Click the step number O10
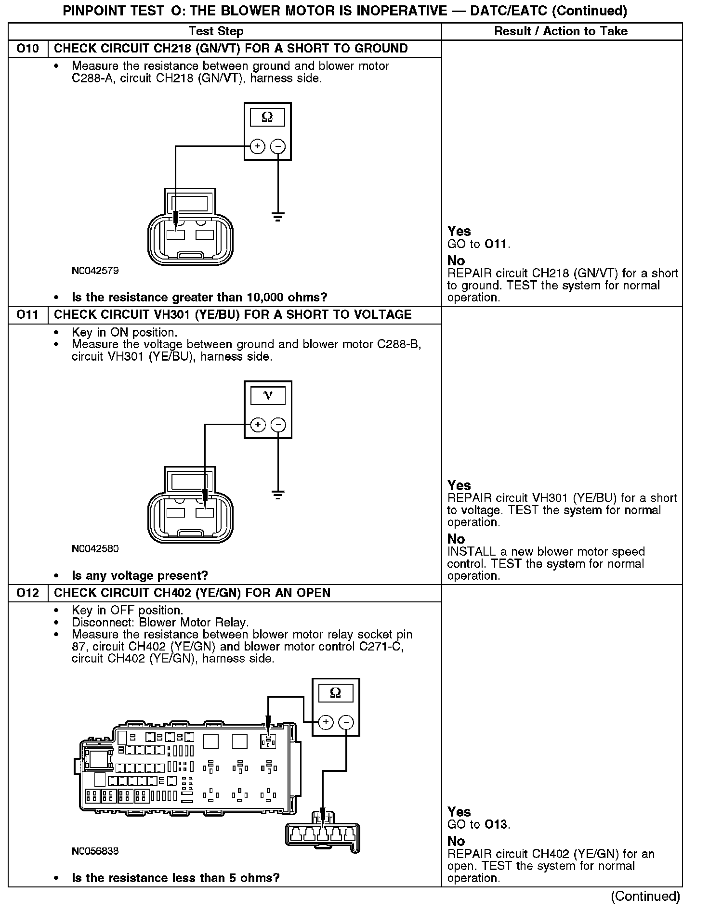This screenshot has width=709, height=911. (28, 49)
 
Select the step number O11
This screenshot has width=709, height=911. (28, 315)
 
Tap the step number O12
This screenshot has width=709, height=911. (28, 593)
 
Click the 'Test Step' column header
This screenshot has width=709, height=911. (216, 31)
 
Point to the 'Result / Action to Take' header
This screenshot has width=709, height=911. (561, 31)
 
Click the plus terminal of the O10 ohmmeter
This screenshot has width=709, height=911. (258, 146)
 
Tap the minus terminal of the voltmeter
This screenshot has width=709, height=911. (278, 425)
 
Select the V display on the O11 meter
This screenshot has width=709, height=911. (268, 396)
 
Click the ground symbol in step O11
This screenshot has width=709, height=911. (278, 495)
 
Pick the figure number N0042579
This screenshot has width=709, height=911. (95, 271)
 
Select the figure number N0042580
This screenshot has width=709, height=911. (95, 549)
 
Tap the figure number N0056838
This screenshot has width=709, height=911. (95, 851)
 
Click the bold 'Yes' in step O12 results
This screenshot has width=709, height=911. (459, 812)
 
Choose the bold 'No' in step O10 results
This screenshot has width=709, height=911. (456, 260)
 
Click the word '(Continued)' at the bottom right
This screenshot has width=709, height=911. (645, 897)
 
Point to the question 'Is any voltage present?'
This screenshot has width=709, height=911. (140, 575)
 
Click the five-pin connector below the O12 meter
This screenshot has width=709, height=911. (322, 834)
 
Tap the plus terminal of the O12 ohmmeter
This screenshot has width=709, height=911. (326, 722)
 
